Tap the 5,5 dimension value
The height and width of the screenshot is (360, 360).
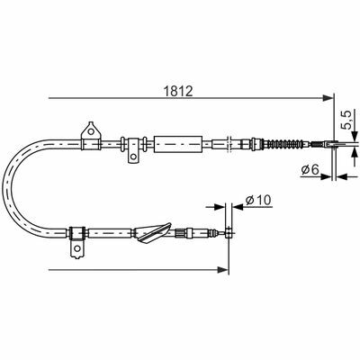pos(346,121)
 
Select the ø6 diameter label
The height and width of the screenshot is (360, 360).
pos(310,170)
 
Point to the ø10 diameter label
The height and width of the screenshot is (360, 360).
pos(258,200)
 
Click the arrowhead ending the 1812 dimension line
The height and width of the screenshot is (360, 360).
pos(328,98)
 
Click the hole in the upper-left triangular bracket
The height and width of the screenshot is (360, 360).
pos(91,131)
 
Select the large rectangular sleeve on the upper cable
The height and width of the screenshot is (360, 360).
pos(177,144)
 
